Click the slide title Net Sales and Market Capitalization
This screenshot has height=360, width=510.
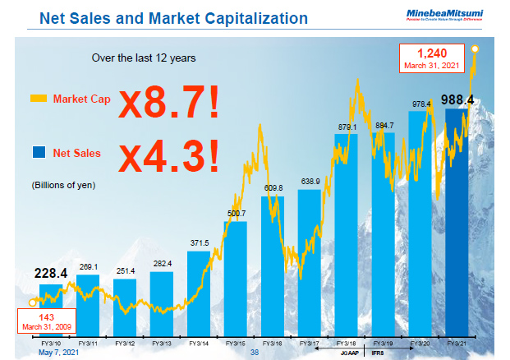pyautogui.click(x=174, y=17)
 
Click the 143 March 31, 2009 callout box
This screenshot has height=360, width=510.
pyautogui.click(x=47, y=319)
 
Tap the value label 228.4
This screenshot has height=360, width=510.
pyautogui.click(x=50, y=273)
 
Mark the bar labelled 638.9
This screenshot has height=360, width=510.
pyautogui.click(x=310, y=263)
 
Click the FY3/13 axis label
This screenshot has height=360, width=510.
pyautogui.click(x=162, y=343)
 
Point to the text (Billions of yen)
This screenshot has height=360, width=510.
pyautogui.click(x=64, y=185)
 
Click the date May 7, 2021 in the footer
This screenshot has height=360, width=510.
pyautogui.click(x=58, y=352)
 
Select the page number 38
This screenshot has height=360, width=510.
pyautogui.click(x=254, y=353)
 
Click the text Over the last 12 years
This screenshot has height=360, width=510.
pyautogui.click(x=143, y=58)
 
